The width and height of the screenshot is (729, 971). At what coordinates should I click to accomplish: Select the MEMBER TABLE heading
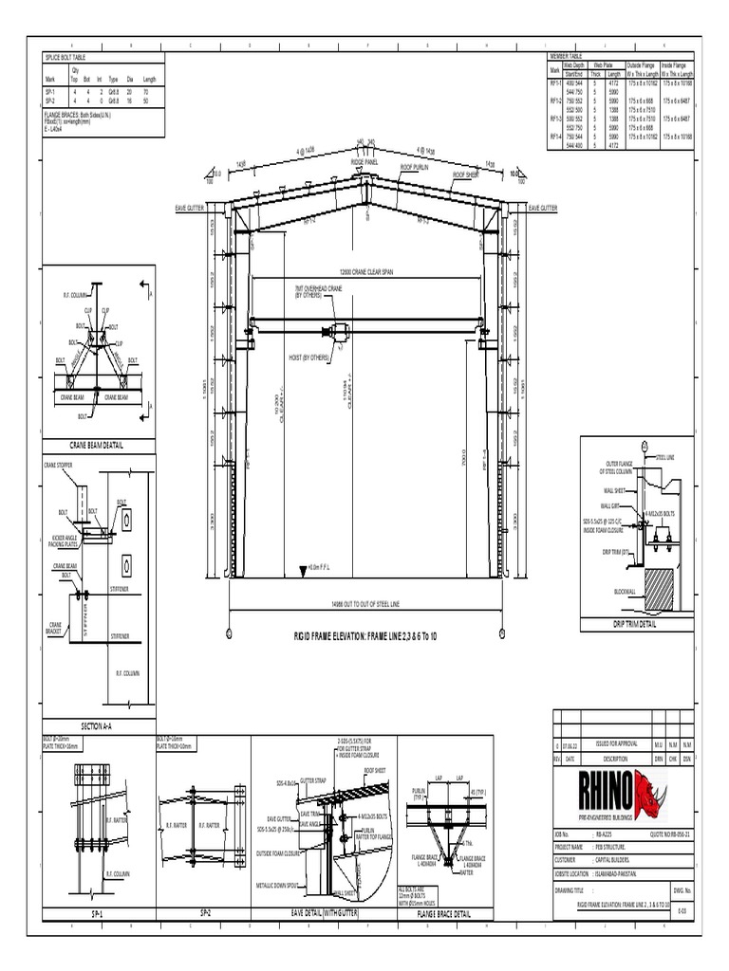[563, 56]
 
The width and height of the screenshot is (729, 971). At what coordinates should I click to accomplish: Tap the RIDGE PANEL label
[364, 162]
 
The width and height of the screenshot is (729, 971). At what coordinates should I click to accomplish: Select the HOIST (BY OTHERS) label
[308, 357]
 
